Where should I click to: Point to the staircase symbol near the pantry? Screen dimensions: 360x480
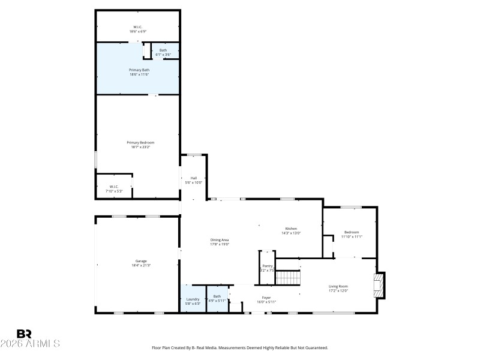click(287, 278)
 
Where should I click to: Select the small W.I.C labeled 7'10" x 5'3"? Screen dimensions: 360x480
click(113, 188)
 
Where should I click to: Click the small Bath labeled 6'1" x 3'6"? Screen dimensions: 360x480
click(163, 52)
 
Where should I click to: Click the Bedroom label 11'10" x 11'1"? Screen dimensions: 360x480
click(351, 234)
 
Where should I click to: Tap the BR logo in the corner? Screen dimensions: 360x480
click(24, 334)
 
